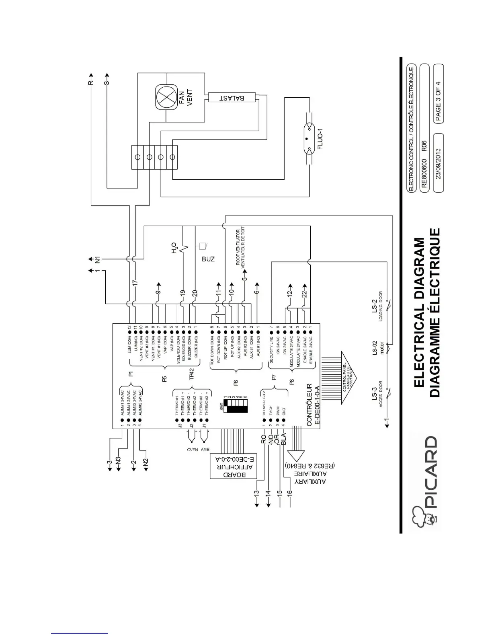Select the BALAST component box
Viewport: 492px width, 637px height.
232,98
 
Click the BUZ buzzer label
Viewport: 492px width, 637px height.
208,259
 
